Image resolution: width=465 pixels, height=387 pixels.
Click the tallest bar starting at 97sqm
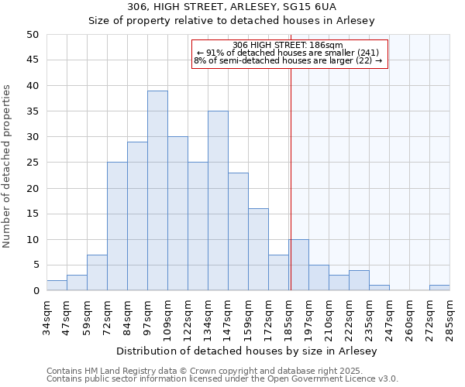(157, 190)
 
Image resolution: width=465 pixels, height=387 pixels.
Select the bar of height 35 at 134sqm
(218, 200)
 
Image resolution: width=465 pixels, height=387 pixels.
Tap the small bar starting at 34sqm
(57, 286)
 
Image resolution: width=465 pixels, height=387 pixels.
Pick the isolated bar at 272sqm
(439, 288)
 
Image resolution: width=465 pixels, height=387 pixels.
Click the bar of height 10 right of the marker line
(299, 265)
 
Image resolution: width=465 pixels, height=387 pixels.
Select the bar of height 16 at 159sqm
(258, 249)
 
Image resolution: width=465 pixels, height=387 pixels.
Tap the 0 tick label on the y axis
(36, 291)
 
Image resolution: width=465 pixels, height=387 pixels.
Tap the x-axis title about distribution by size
(251, 351)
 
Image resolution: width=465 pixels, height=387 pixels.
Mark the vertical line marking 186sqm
(291, 178)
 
